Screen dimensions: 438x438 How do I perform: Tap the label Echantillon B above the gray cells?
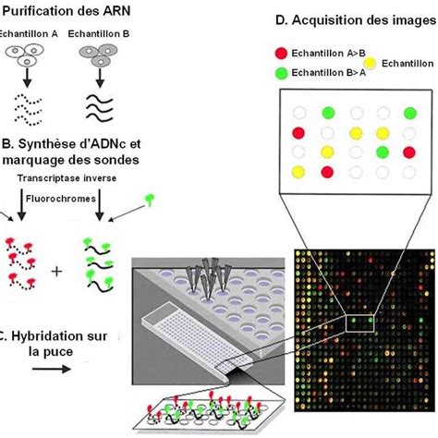[99, 34]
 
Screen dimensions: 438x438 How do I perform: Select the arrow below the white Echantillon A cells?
[28, 78]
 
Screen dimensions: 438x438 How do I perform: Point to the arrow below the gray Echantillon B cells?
[100, 78]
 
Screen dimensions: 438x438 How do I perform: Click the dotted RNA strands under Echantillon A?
[28, 110]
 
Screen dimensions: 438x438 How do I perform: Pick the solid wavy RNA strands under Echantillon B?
[100, 107]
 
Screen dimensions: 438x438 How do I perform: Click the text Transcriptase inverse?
[67, 178]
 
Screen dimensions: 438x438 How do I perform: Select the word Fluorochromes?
[61, 199]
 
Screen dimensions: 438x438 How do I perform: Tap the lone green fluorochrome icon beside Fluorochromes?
[150, 200]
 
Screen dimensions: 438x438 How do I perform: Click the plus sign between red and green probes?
[56, 272]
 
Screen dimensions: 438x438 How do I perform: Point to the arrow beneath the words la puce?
[52, 369]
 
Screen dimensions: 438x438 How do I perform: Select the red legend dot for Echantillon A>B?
[281, 54]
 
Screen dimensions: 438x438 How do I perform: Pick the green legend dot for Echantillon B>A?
[281, 73]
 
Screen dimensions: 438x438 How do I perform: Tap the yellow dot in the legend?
[370, 64]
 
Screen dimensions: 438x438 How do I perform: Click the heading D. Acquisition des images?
[356, 20]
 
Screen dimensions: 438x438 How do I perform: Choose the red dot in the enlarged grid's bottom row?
[327, 172]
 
